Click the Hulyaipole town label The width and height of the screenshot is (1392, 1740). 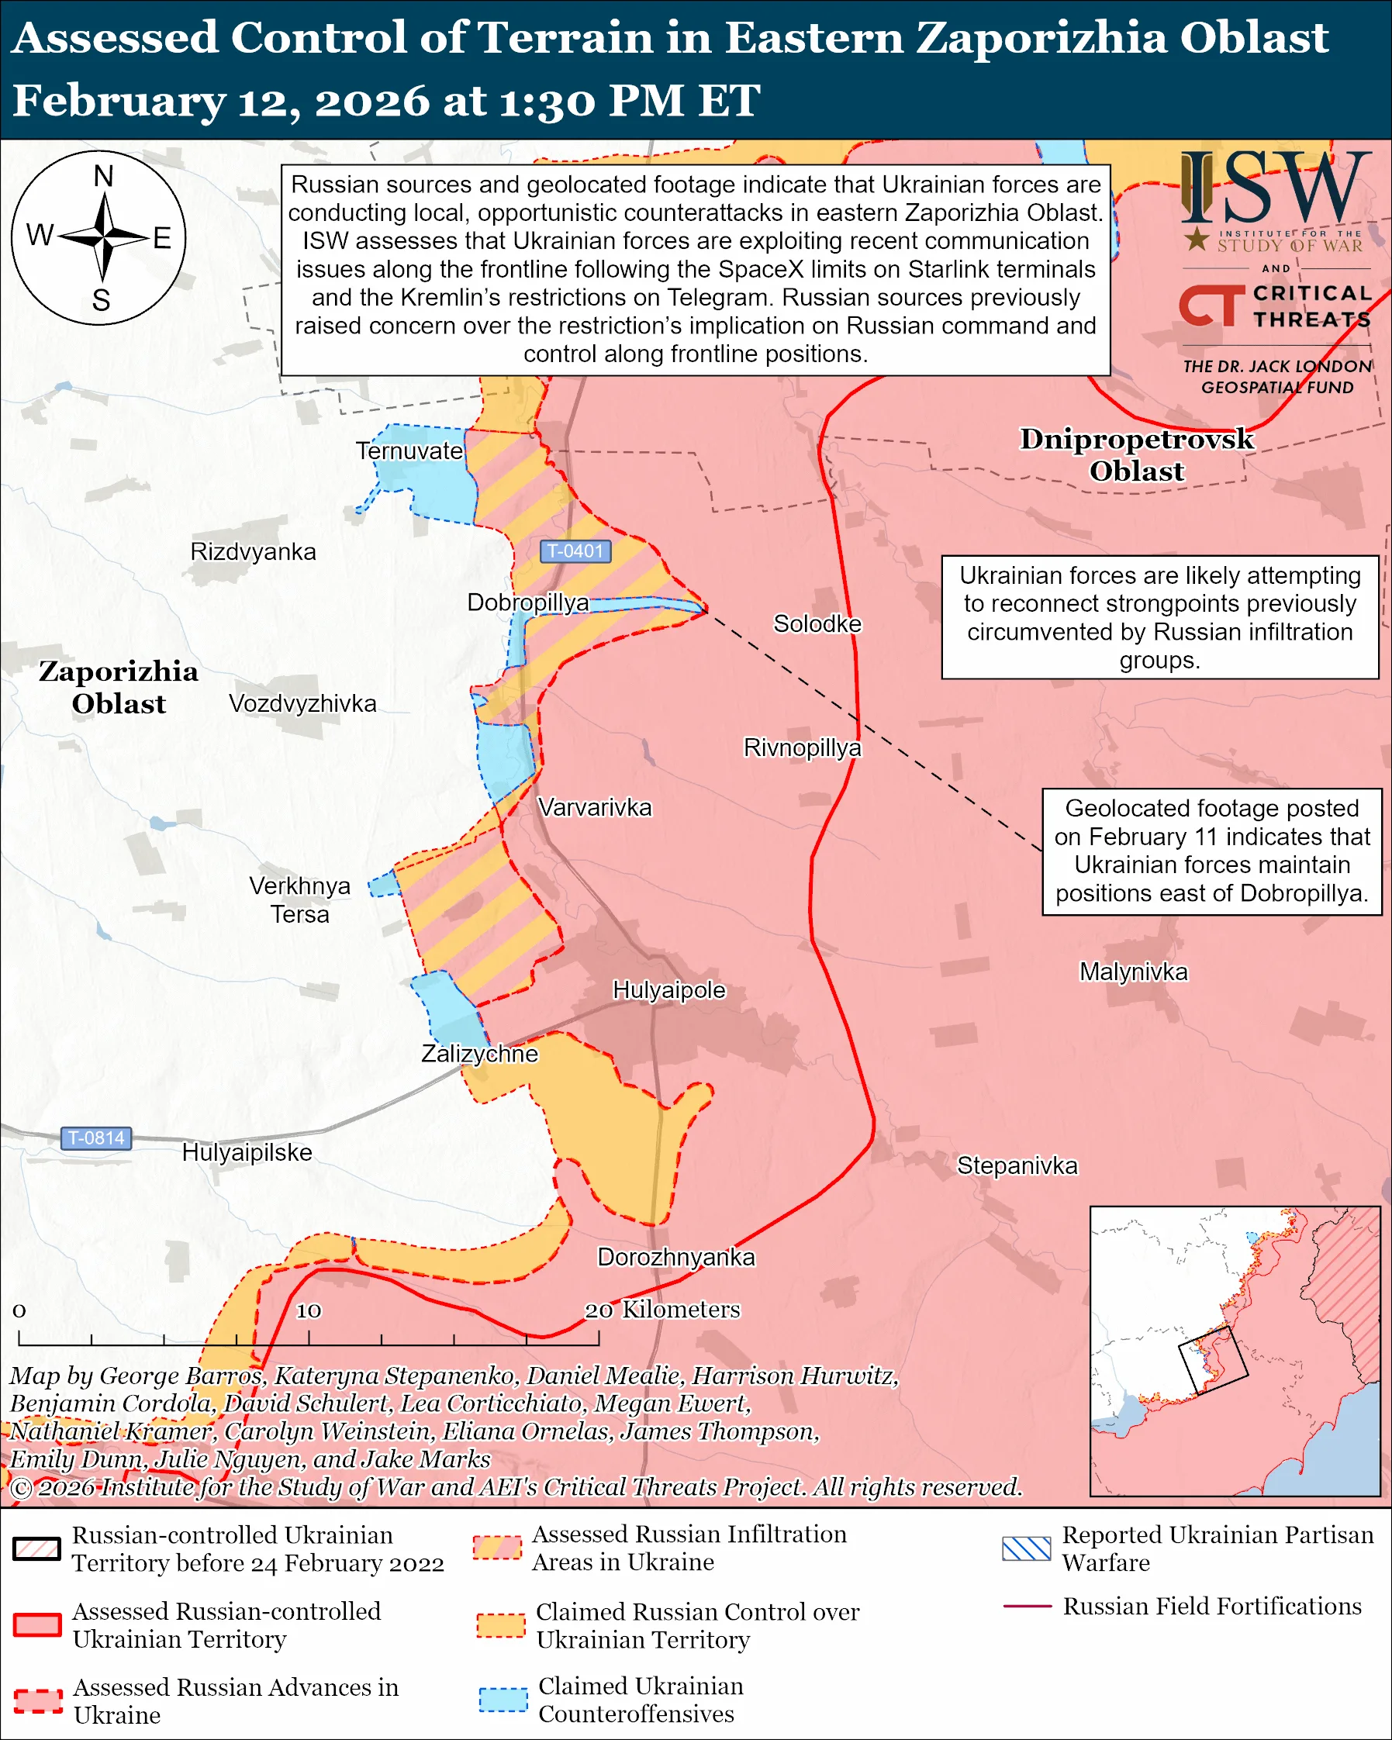[x=669, y=990]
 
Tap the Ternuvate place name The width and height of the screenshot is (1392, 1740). [x=410, y=451]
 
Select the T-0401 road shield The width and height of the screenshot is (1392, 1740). [x=575, y=551]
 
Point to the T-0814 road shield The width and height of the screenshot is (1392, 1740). [x=96, y=1138]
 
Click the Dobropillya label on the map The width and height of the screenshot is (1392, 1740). [x=528, y=602]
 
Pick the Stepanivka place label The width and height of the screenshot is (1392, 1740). [x=1017, y=1165]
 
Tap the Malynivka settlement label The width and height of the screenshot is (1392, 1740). [x=1133, y=972]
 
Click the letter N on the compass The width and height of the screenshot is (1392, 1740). [x=103, y=176]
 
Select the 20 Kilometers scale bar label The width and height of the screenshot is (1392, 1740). [x=662, y=1309]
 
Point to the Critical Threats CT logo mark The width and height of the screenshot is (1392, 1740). [x=1211, y=305]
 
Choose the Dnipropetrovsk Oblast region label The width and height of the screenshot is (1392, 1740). [x=1136, y=455]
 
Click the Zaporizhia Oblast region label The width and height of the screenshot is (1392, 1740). [x=119, y=688]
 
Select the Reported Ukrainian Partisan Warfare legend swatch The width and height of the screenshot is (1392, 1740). [x=1027, y=1548]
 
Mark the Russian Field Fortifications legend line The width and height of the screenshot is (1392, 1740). [x=1027, y=1606]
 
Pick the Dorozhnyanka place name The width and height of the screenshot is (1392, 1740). [x=675, y=1258]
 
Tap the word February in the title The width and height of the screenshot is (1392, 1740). [x=119, y=102]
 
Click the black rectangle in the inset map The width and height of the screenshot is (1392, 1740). [x=1212, y=1361]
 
